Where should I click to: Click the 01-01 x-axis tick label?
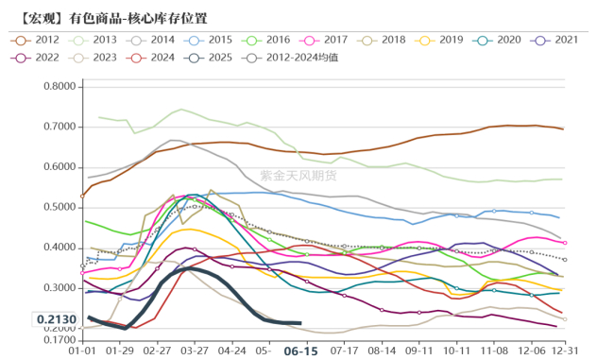(x=83, y=350)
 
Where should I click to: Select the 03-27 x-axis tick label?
(x=195, y=350)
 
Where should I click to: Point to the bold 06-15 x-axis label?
(x=299, y=350)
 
